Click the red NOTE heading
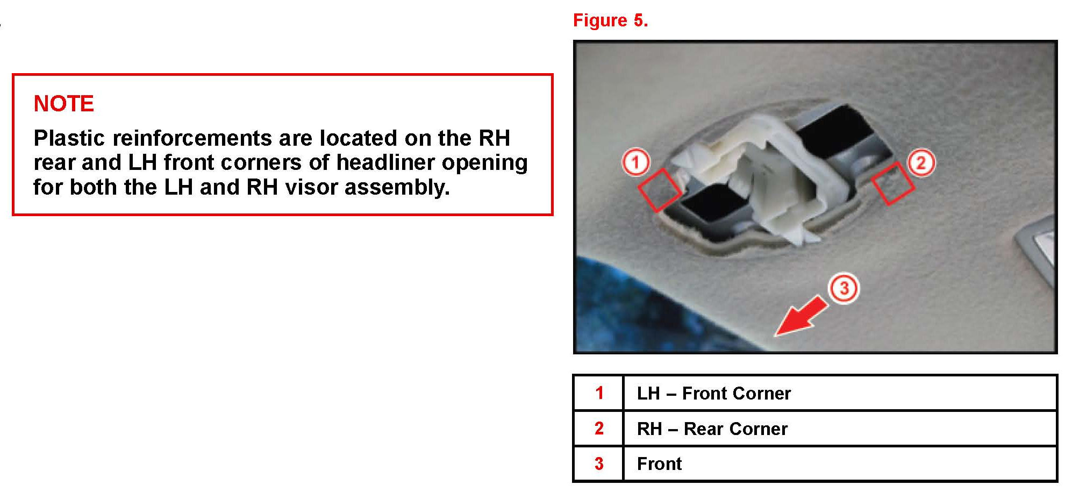tap(63, 103)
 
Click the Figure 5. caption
tap(610, 20)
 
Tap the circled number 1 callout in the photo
tap(635, 162)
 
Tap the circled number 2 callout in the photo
tap(921, 162)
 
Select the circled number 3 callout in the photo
tap(844, 288)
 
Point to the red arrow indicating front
tap(801, 317)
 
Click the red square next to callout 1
tap(660, 190)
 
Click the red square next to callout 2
tap(893, 183)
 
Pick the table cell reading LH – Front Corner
tap(713, 393)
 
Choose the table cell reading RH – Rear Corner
tap(712, 429)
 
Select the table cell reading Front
tap(659, 464)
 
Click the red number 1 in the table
tap(599, 393)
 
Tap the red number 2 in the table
tap(599, 429)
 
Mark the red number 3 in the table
tap(599, 464)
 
